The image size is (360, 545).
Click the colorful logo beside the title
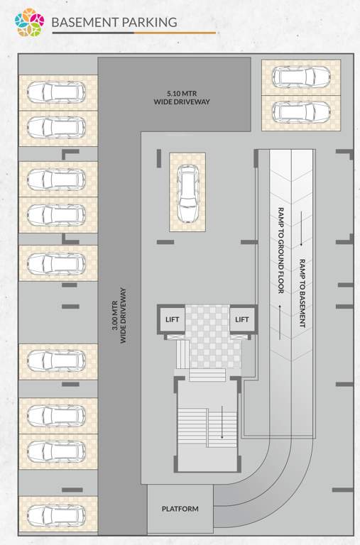pyautogui.click(x=30, y=23)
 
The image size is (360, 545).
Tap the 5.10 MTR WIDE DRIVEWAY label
pyautogui.click(x=182, y=97)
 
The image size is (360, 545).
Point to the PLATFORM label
pyautogui.click(x=180, y=509)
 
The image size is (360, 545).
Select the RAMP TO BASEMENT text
pyautogui.click(x=302, y=292)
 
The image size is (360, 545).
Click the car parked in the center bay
pyautogui.click(x=188, y=194)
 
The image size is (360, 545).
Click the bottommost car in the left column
pyautogui.click(x=57, y=514)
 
